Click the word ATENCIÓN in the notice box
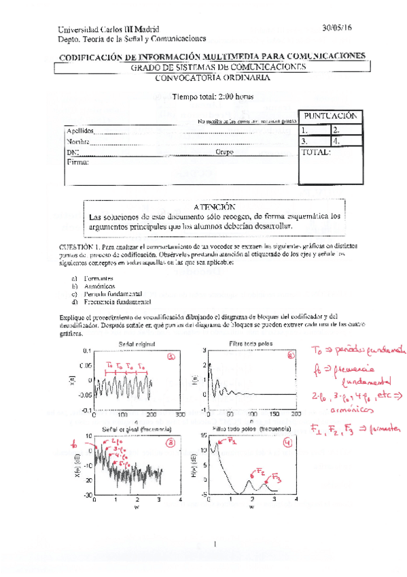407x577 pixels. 214,206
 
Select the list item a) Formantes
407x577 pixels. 92,279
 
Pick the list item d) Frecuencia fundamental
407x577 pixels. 110,301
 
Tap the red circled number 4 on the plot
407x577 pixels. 288,442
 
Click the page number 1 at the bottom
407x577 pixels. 214,544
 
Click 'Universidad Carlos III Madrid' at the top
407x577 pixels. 109,29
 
